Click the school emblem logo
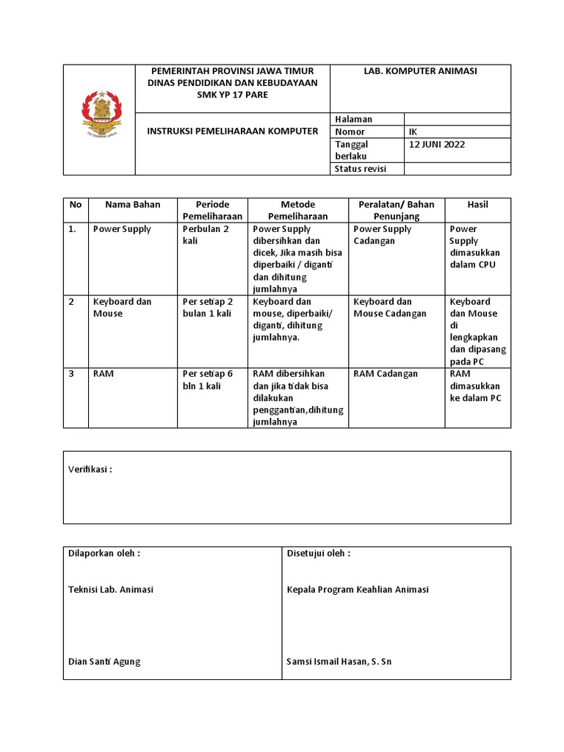click(99, 115)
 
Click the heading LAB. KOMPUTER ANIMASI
click(421, 71)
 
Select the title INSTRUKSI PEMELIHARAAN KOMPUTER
click(233, 131)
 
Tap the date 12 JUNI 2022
click(437, 145)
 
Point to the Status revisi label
click(360, 169)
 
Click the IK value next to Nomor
click(413, 132)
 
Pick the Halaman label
click(353, 119)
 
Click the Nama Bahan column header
click(132, 205)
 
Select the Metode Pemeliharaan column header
click(297, 210)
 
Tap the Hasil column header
click(477, 205)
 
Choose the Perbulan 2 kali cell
click(206, 235)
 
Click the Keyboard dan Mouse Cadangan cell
click(389, 308)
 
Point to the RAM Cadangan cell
click(386, 374)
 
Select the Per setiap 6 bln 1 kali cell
click(208, 380)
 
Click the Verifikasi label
click(90, 470)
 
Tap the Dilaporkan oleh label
click(104, 554)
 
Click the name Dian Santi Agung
click(104, 662)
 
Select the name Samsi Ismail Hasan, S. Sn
click(339, 662)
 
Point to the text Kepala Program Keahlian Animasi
click(358, 590)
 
